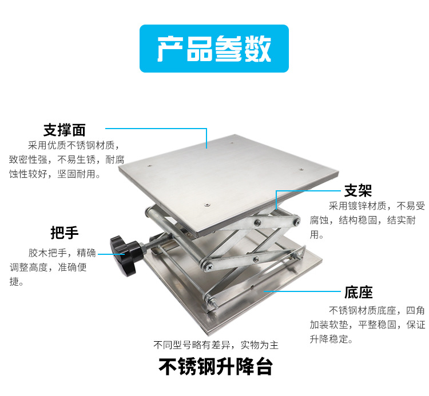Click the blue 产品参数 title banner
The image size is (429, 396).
[x=214, y=49]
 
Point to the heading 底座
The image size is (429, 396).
[x=358, y=293]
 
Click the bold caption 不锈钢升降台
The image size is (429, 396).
[x=215, y=366]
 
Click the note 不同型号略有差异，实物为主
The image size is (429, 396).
[x=216, y=345]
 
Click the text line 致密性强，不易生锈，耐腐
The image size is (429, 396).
[x=66, y=160]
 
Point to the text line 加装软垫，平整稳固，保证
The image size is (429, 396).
[x=368, y=325]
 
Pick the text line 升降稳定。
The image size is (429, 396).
[x=331, y=339]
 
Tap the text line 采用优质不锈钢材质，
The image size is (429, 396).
[x=75, y=145]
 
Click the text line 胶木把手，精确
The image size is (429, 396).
[x=62, y=252]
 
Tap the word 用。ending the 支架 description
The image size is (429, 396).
[x=317, y=235]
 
